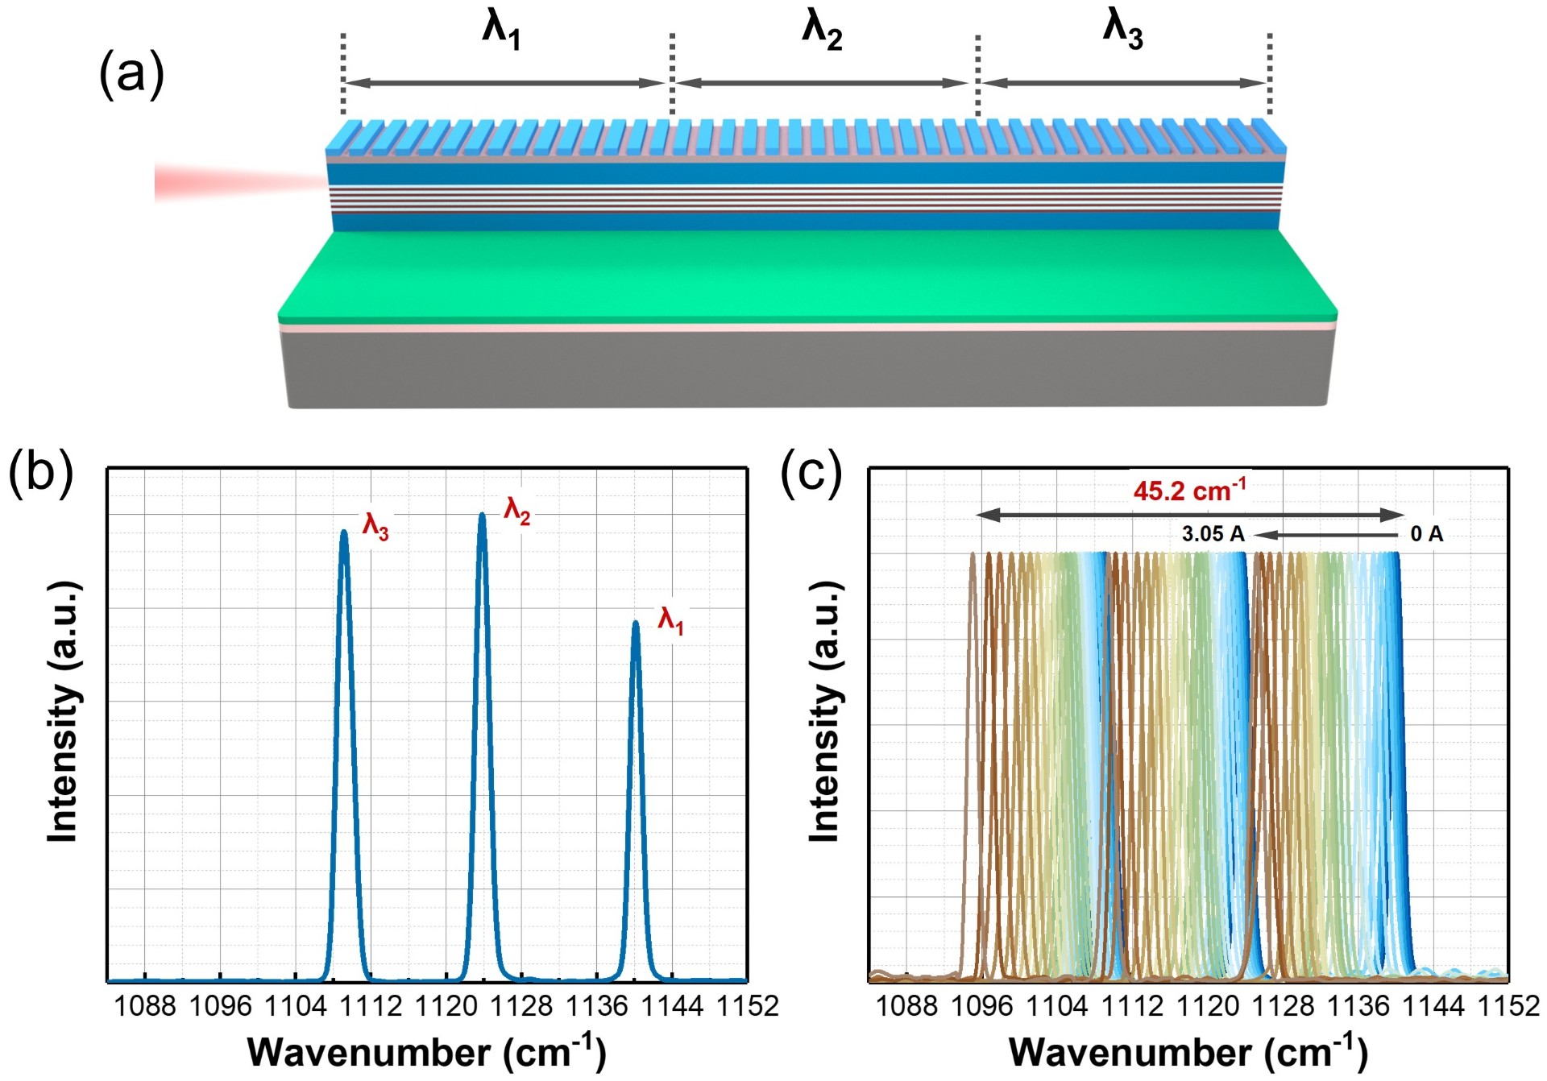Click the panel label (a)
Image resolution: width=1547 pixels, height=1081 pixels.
coord(131,74)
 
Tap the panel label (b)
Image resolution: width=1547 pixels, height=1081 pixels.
coord(41,473)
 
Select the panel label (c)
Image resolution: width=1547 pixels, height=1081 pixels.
coord(811,473)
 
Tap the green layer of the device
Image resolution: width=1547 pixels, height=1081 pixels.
coord(806,274)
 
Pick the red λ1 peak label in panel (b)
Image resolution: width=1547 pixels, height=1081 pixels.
coord(671,621)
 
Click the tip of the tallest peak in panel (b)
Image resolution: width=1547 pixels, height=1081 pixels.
coord(482,515)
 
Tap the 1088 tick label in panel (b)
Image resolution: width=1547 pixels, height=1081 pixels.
coord(145,1006)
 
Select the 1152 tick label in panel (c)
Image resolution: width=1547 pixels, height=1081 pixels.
coord(1508,1006)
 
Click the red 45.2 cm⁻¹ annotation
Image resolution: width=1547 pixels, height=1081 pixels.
coord(1189,490)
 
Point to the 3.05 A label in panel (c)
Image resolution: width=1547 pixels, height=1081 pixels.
coord(1213,533)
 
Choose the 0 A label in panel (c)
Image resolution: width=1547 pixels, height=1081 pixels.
coord(1426,533)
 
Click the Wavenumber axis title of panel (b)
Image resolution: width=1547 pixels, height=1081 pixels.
coord(426,1052)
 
